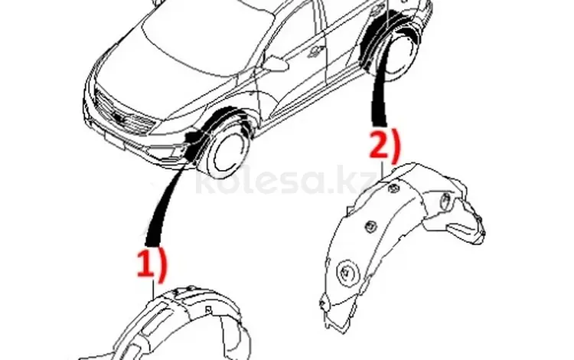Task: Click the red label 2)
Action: (x=385, y=146)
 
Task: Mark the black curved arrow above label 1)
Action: (x=165, y=205)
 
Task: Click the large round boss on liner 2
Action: (x=347, y=273)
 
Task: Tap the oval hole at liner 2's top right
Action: (x=445, y=200)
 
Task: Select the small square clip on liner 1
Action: (x=208, y=309)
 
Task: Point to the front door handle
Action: (x=315, y=52)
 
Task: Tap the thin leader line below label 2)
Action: (x=382, y=170)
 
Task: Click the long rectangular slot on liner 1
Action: (x=156, y=326)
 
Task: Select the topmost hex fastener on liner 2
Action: (x=393, y=188)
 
